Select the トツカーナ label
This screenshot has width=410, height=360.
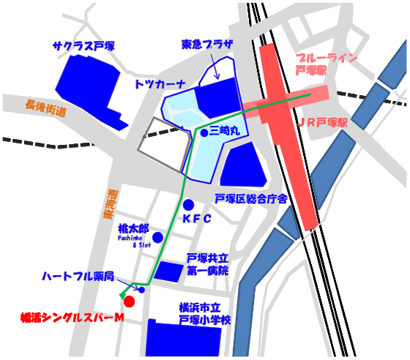160,84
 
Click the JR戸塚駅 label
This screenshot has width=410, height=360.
322,124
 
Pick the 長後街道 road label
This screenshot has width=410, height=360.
45,108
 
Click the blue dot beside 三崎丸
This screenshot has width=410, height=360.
204,132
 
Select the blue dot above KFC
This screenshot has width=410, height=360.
188,204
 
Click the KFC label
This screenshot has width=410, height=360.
196,219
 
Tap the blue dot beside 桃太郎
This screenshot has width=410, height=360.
157,237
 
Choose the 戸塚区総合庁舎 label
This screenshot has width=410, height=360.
250,198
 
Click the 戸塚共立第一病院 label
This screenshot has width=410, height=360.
207,264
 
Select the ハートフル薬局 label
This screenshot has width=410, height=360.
78,277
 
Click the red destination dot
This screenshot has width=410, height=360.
129,301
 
